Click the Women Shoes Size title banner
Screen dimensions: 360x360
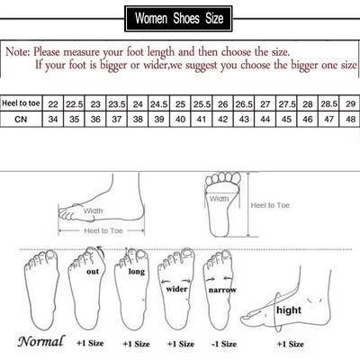point(181,17)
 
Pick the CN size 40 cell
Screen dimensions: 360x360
point(180,119)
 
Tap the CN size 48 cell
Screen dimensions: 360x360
point(328,119)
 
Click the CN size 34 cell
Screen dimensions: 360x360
point(53,119)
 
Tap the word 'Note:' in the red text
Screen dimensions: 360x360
point(19,52)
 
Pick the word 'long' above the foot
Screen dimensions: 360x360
point(136,271)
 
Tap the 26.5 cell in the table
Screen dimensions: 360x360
point(244,103)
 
